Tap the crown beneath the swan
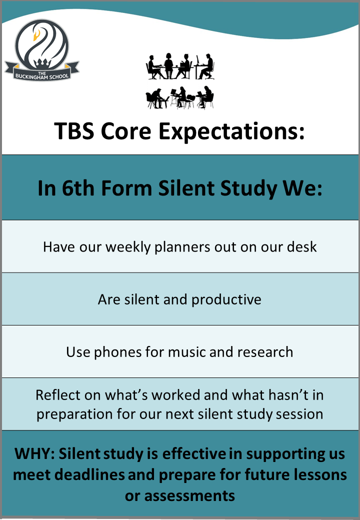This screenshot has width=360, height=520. (41, 63)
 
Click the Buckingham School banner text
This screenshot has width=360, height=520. (42, 75)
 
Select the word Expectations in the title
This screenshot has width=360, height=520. (231, 131)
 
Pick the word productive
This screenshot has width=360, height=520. (226, 300)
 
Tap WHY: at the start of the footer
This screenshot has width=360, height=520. (34, 453)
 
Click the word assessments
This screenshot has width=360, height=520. (189, 496)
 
